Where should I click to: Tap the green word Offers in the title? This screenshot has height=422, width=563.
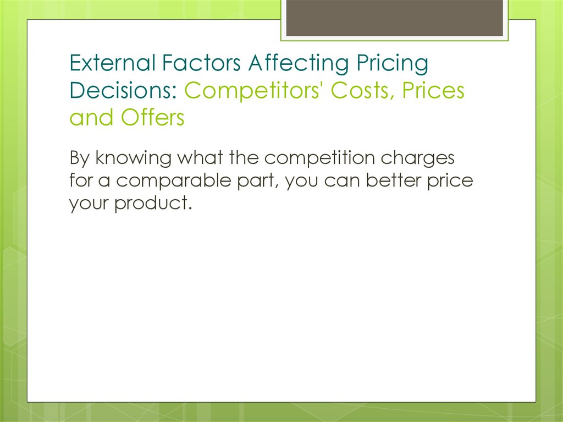153,118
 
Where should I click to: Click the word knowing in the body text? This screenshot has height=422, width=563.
134,158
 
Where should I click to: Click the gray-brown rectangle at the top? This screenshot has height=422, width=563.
394,18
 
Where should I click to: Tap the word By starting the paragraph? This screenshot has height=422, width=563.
79,158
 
